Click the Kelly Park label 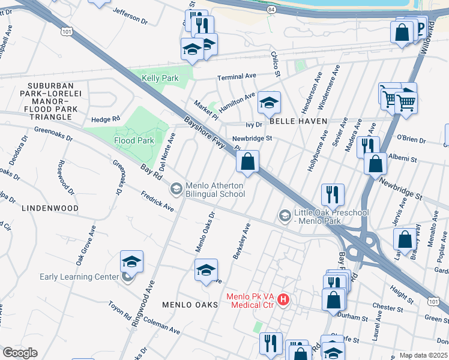coord(160,79)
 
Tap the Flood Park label coord(134,140)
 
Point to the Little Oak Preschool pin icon coord(285,215)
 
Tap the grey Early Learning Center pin coord(127,277)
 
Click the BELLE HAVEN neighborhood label coord(298,121)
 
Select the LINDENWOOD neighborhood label coord(50,208)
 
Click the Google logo coord(20,352)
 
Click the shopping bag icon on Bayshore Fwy coord(247,161)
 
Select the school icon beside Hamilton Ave coord(269,103)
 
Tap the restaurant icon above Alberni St coord(367,145)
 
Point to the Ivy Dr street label coord(255,125)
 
